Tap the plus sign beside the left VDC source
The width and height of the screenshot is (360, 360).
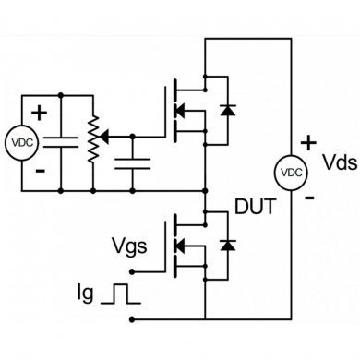(40, 114)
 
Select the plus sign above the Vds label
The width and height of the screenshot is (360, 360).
(309, 143)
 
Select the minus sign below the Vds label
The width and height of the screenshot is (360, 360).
(309, 197)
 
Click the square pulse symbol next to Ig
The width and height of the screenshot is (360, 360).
(121, 294)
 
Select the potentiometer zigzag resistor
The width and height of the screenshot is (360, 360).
(92, 141)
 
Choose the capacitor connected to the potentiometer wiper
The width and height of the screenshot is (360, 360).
(134, 164)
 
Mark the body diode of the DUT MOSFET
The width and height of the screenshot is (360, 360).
(225, 246)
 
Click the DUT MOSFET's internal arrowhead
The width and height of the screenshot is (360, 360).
(182, 246)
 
